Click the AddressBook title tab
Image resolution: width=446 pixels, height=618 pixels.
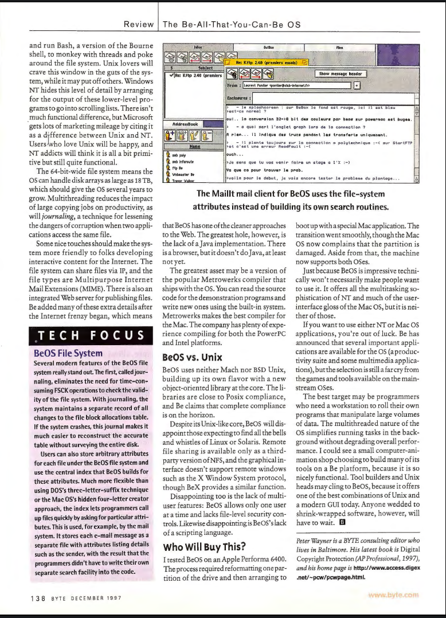pyautogui.click(x=181, y=123)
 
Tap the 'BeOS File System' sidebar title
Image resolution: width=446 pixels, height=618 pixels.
pyautogui.click(x=69, y=353)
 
